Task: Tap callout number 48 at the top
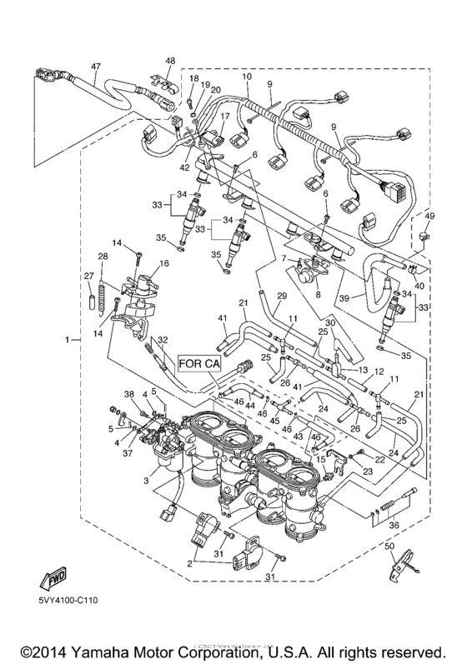(170, 60)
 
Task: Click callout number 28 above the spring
(103, 256)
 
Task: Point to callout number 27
(86, 275)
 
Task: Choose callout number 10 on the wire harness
(247, 77)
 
